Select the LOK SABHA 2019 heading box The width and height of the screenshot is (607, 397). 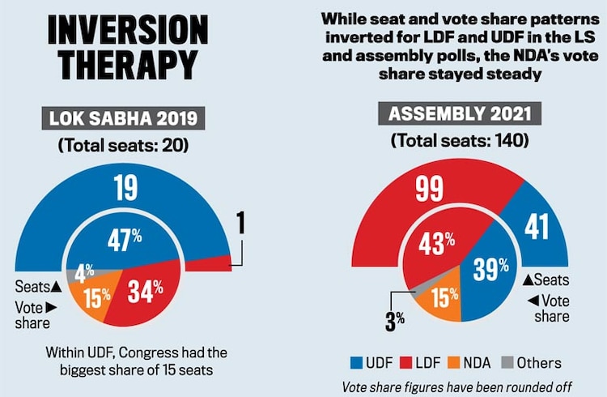point(122,120)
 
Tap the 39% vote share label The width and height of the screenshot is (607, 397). point(490,268)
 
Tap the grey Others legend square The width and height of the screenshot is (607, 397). point(529,362)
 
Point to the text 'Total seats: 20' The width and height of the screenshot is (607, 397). point(122,147)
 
